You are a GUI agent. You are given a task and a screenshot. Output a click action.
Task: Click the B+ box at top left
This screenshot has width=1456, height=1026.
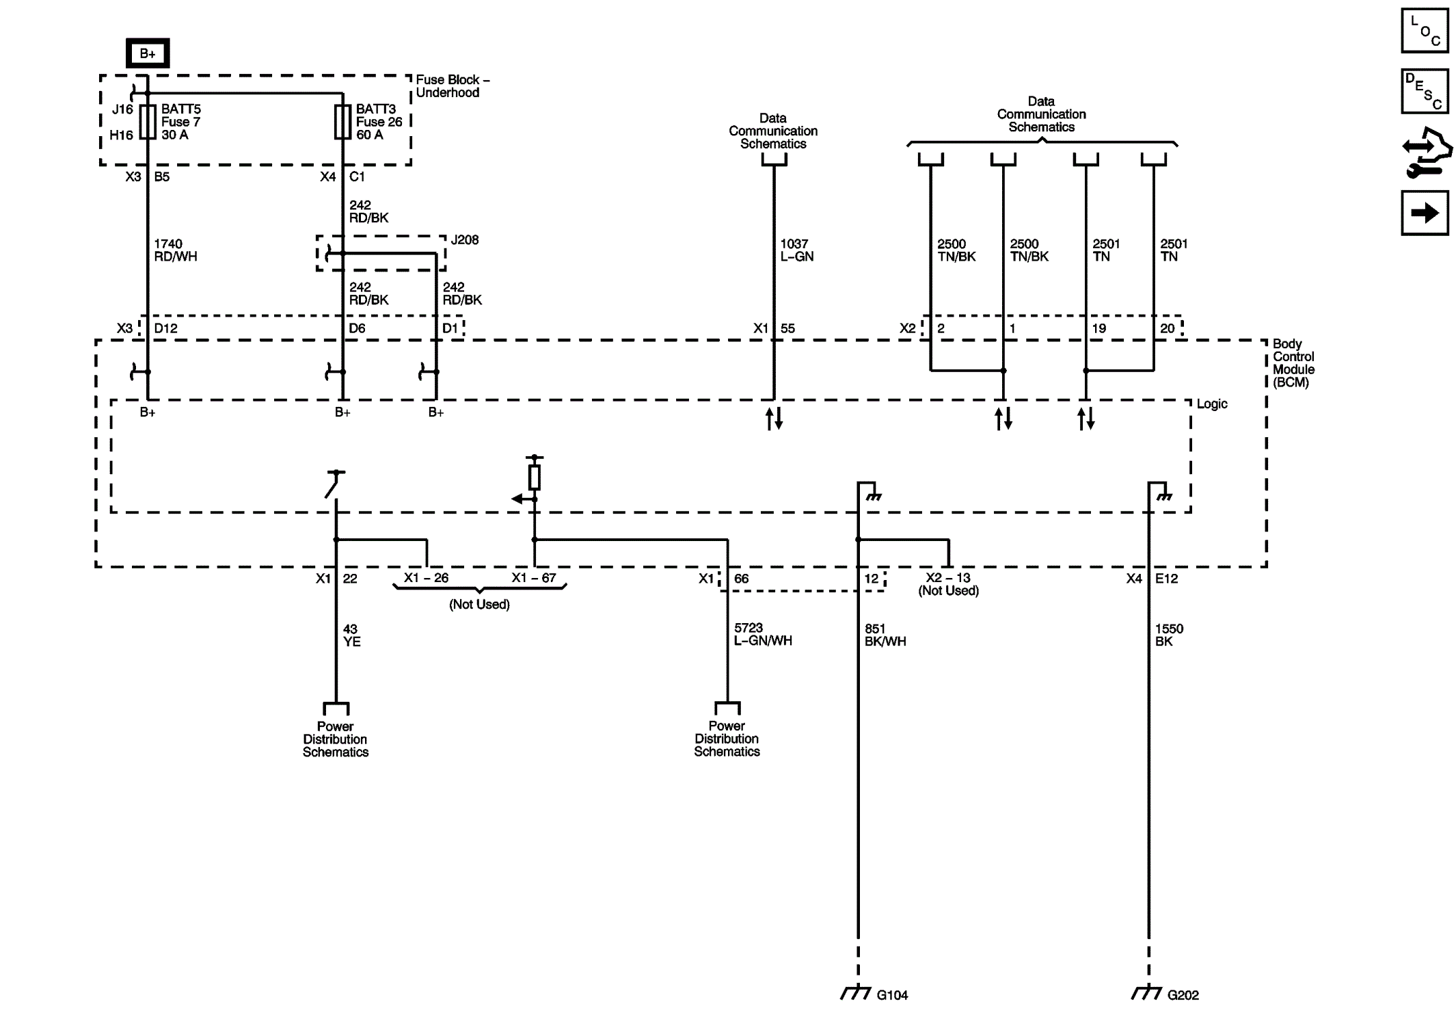147,53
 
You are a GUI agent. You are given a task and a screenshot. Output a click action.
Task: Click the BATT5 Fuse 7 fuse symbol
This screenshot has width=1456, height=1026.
148,122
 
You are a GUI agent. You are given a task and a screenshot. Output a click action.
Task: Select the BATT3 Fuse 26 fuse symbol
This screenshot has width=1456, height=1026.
342,122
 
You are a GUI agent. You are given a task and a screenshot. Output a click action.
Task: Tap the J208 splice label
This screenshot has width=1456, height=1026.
464,240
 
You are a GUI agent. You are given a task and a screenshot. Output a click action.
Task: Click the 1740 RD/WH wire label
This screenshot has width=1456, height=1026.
174,250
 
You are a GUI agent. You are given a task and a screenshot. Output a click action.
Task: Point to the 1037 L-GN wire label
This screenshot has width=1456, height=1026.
796,250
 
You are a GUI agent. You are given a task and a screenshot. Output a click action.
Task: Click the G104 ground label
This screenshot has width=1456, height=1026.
891,995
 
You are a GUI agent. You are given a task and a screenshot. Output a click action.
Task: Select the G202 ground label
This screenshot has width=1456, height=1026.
1183,995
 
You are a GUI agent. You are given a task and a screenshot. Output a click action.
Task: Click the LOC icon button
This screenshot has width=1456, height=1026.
1425,31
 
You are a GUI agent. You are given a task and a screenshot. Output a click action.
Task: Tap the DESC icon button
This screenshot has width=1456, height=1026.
1425,91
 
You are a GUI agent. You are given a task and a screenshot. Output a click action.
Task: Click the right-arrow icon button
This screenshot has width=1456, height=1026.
1425,213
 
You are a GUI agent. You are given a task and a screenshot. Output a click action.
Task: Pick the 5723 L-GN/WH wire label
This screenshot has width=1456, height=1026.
762,634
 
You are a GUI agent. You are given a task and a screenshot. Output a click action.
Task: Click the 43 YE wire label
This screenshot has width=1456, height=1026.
351,635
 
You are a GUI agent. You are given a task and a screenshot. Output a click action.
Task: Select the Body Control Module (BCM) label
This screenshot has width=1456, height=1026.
1293,363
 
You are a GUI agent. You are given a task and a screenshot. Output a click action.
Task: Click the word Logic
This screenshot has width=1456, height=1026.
1211,404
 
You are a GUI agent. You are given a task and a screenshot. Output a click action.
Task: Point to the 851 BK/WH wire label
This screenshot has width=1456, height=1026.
885,635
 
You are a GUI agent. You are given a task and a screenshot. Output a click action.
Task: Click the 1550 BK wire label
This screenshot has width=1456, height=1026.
1168,635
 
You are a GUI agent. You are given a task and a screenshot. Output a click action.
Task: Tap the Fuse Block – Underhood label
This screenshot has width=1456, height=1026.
452,86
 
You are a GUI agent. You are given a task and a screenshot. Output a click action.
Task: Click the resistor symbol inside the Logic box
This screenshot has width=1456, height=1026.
535,477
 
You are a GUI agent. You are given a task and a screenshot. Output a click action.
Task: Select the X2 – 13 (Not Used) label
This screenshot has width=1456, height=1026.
948,584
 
